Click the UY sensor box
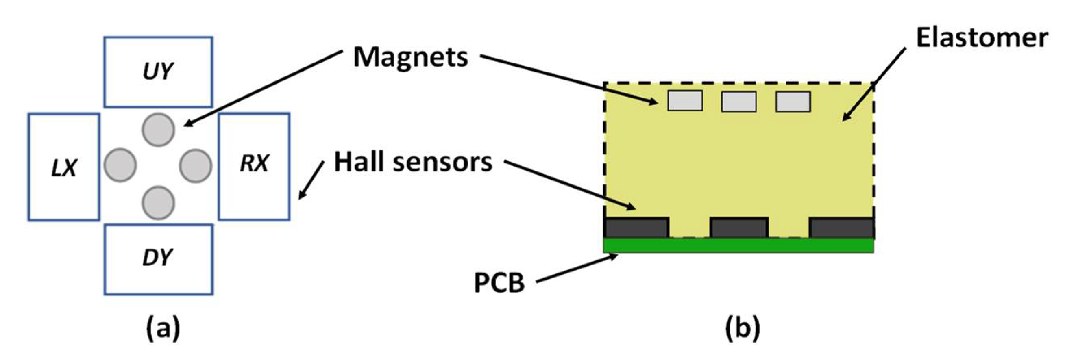(158, 72)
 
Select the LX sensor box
(64, 167)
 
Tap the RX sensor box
(254, 166)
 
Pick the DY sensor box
(158, 259)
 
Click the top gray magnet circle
(158, 129)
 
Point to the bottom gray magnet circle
(158, 203)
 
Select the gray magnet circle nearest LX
(120, 165)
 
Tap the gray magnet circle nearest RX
(196, 166)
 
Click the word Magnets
(411, 58)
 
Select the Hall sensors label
(413, 162)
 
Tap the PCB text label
(499, 284)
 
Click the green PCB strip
(738, 245)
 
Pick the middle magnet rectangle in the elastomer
(739, 102)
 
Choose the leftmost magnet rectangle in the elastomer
(685, 101)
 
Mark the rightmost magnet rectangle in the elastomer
(793, 102)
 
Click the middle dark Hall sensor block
(739, 227)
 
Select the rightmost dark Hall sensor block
(841, 227)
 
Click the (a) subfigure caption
(163, 329)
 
